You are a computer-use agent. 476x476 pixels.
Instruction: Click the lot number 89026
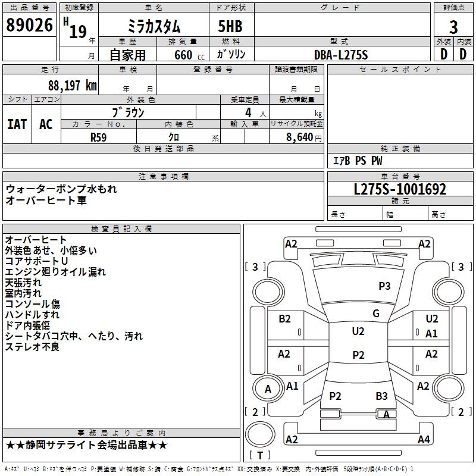(x=29, y=24)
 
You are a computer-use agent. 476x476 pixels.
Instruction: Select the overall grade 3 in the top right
(x=453, y=27)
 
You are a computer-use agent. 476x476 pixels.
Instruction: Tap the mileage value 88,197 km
(x=73, y=86)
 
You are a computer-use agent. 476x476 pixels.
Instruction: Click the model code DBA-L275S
(x=341, y=55)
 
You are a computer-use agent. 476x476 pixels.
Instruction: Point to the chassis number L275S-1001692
(x=400, y=189)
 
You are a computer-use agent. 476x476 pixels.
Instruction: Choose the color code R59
(x=99, y=137)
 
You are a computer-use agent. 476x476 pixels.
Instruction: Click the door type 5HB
(x=230, y=26)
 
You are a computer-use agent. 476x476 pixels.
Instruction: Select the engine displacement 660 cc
(x=190, y=55)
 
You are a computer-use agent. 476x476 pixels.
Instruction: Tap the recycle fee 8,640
(x=299, y=137)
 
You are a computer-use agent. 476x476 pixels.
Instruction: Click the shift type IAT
(x=17, y=124)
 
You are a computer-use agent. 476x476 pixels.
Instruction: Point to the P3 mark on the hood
(x=384, y=286)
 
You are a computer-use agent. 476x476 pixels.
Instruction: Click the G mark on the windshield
(x=376, y=313)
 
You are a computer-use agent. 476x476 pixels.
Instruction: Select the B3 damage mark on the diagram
(x=381, y=396)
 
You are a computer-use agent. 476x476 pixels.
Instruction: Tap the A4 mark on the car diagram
(x=424, y=439)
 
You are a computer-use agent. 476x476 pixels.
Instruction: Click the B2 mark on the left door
(x=284, y=318)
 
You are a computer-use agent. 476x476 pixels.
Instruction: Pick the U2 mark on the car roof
(x=358, y=331)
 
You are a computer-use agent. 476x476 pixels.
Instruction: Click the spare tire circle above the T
(x=260, y=434)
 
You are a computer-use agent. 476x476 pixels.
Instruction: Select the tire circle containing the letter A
(x=268, y=389)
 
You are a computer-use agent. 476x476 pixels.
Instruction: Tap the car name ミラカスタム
(x=154, y=26)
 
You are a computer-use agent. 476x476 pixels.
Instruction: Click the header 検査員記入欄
(x=121, y=229)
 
